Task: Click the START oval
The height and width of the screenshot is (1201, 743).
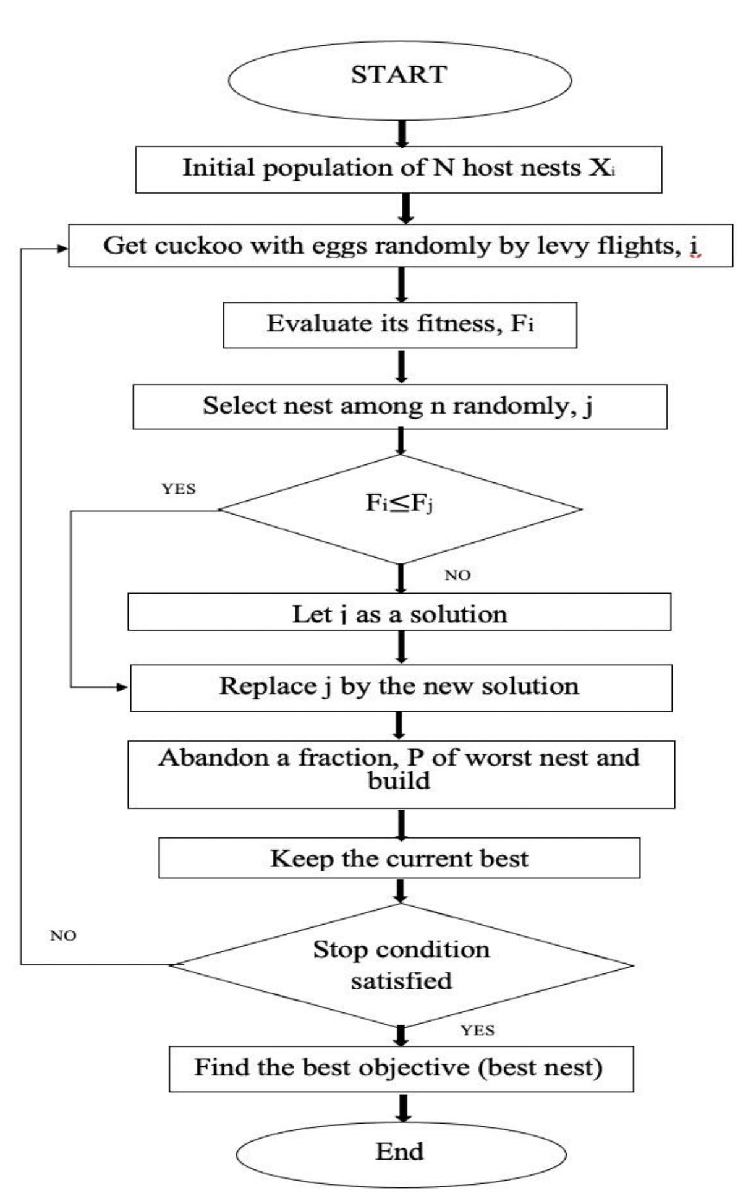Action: point(399,78)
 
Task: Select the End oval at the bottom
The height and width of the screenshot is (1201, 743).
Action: point(400,1152)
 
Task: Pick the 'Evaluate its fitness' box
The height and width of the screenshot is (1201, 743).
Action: point(399,325)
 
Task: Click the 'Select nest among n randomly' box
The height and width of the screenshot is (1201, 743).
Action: point(399,406)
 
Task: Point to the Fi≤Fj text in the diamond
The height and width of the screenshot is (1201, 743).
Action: point(399,504)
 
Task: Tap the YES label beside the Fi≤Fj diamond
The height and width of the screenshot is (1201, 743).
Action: point(179,489)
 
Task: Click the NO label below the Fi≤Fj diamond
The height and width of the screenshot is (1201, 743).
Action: point(457,575)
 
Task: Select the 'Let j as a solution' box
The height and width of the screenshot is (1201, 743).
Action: point(399,613)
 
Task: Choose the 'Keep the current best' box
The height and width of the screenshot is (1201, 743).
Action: point(399,858)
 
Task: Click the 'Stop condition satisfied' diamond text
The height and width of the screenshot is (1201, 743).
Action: point(401,965)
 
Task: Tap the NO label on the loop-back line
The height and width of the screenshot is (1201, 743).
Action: point(63,936)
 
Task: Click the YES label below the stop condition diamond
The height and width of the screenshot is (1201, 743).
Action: point(477,1030)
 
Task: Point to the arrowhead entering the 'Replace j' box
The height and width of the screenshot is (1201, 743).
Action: point(122,686)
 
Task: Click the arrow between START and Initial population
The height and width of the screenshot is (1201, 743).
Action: point(402,134)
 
